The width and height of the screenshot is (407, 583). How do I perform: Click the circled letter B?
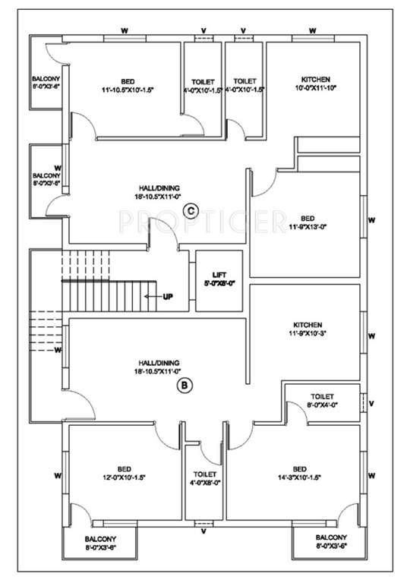[x=183, y=386]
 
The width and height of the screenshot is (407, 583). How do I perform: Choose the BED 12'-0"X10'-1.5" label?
[x=125, y=472]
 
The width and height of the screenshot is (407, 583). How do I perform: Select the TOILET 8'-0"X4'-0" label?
[x=322, y=400]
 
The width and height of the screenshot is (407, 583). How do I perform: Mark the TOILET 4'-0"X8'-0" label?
[x=204, y=477]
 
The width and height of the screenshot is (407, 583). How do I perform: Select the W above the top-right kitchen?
[x=314, y=31]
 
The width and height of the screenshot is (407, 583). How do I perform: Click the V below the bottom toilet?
[x=204, y=532]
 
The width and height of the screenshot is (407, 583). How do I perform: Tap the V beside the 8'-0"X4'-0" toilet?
[x=371, y=401]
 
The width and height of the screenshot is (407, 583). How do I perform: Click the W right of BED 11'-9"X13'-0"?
[x=371, y=221]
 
